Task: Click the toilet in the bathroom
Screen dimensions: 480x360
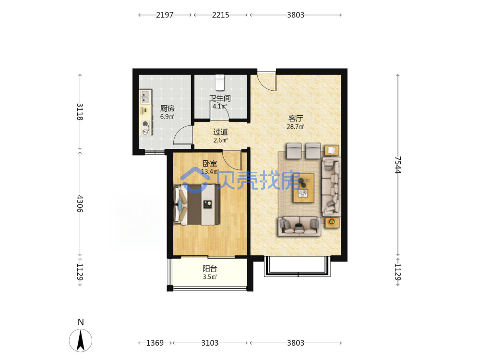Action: [x=220, y=83]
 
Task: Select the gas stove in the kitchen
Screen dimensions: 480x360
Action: [x=145, y=128]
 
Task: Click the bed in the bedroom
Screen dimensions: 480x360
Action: [x=196, y=204]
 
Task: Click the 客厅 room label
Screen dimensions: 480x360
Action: [x=295, y=118]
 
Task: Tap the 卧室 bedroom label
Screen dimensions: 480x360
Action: [x=210, y=164]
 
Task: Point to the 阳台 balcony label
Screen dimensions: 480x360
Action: [x=210, y=268]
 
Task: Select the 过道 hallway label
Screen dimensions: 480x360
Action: [x=220, y=132]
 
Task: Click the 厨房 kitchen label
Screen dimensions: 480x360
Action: [x=168, y=108]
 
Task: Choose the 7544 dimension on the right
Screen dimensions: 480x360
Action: [x=397, y=165]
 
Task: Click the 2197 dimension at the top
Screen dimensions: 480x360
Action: [x=165, y=15]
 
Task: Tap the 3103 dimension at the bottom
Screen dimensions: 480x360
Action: [x=210, y=343]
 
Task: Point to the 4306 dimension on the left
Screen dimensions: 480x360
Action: [x=80, y=204]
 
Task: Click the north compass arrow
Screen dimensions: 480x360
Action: [x=81, y=340]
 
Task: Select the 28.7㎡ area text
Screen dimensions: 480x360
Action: [x=295, y=126]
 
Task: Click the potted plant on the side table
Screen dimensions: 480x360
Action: [x=331, y=221]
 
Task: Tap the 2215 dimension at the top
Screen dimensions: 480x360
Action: [x=220, y=15]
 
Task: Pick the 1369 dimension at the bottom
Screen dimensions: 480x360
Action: [x=155, y=343]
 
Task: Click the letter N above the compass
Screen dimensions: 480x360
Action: [x=81, y=322]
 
